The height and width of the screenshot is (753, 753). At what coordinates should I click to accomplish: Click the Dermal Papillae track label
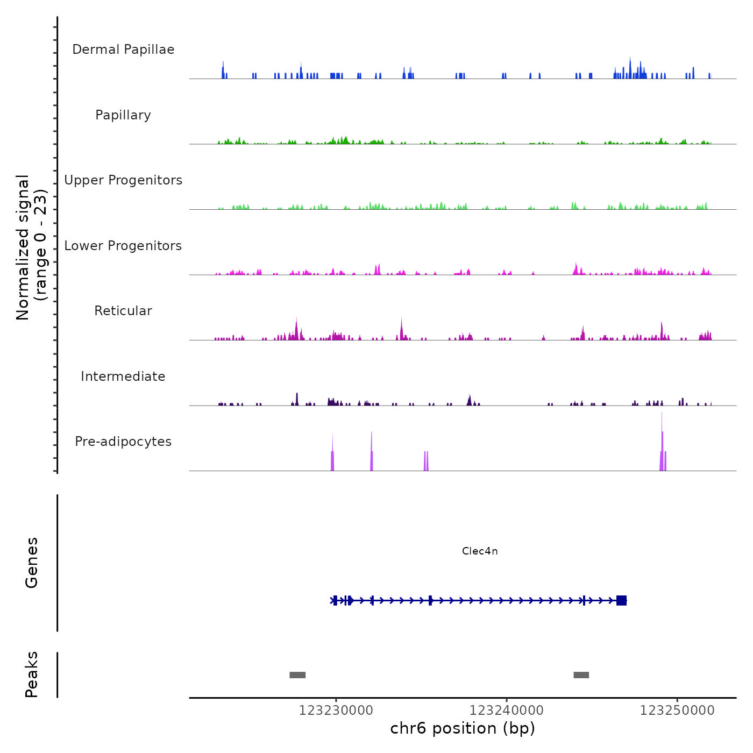pyautogui.click(x=123, y=49)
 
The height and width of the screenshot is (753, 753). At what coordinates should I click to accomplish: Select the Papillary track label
pyautogui.click(x=123, y=115)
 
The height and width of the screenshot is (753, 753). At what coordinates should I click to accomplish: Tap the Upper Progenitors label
pyautogui.click(x=123, y=180)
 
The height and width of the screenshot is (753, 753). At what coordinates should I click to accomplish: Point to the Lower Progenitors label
pyautogui.click(x=123, y=246)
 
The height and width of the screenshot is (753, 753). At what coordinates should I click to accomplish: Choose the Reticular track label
pyautogui.click(x=123, y=311)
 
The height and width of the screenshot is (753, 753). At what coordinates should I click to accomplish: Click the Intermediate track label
pyautogui.click(x=123, y=376)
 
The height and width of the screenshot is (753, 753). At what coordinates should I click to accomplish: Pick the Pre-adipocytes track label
pyautogui.click(x=123, y=442)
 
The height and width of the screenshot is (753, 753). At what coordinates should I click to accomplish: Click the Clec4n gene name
pyautogui.click(x=480, y=551)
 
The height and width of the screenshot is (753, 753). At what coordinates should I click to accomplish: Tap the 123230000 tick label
pyautogui.click(x=336, y=711)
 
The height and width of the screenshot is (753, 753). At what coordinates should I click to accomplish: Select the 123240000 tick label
pyautogui.click(x=506, y=711)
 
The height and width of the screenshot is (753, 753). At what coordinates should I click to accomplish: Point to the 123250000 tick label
pyautogui.click(x=677, y=711)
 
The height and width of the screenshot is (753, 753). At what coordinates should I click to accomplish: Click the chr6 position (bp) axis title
pyautogui.click(x=463, y=728)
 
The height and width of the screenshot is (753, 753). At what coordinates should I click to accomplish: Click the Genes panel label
pyautogui.click(x=32, y=563)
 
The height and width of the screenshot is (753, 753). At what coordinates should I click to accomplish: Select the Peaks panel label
pyautogui.click(x=32, y=674)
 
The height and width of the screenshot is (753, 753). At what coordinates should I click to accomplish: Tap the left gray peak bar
pyautogui.click(x=297, y=675)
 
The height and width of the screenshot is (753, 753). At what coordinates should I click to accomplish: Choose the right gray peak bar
pyautogui.click(x=581, y=675)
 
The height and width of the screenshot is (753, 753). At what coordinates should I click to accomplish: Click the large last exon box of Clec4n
pyautogui.click(x=621, y=600)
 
